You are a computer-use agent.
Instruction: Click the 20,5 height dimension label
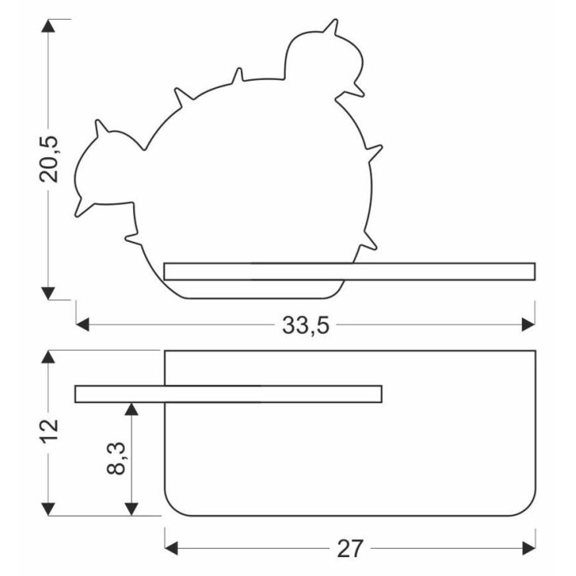coord(49,159)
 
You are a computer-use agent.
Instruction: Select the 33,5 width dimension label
coord(305,326)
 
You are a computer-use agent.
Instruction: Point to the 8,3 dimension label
coord(116,458)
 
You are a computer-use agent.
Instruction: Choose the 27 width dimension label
coord(350,549)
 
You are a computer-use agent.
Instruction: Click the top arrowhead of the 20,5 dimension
coord(48,26)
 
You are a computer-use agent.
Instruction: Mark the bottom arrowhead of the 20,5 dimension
coord(48,293)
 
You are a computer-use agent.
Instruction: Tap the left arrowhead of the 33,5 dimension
coord(82,325)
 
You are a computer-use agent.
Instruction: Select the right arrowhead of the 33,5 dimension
coord(528,325)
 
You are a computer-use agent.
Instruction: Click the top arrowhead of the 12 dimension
coord(48,357)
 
